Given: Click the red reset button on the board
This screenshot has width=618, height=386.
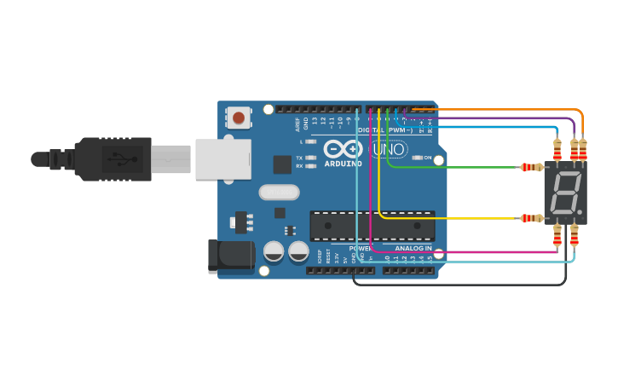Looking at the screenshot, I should [x=239, y=118].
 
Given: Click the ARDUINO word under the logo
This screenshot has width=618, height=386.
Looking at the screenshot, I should [x=343, y=164].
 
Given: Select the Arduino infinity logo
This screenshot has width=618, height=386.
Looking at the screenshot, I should [x=343, y=148].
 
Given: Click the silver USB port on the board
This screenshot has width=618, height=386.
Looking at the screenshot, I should [x=222, y=159].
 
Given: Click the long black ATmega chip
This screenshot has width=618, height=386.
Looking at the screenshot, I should [x=372, y=226].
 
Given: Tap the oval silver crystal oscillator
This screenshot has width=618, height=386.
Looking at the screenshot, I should [x=279, y=192].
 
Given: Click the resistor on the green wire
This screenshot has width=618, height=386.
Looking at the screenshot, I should [x=531, y=167].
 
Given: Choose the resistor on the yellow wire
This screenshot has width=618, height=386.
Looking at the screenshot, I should [x=531, y=218].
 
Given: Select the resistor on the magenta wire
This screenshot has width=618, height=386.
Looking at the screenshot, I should [x=557, y=236].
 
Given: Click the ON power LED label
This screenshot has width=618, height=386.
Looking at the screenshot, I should [x=427, y=158].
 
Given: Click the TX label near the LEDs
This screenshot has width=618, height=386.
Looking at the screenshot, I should [x=299, y=158].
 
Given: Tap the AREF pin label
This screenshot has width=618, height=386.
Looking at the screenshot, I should [x=298, y=124].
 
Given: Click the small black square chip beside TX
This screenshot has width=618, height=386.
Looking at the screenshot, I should [x=282, y=164].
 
